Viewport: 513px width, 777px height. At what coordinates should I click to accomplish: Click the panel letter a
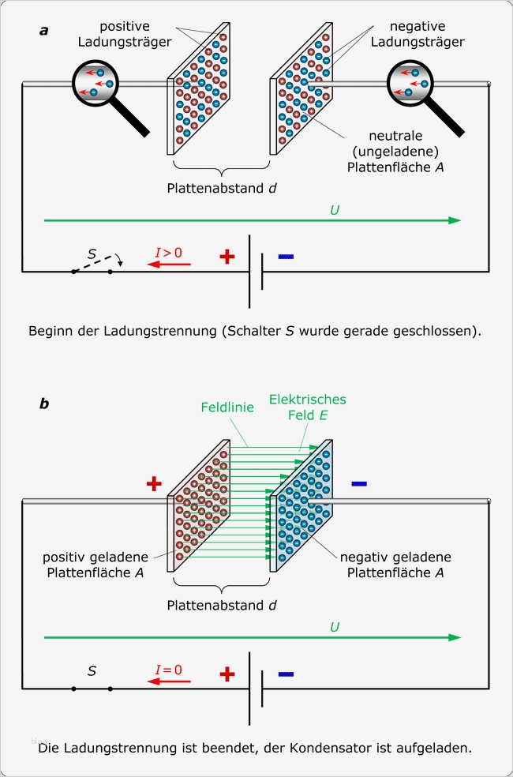click(44, 31)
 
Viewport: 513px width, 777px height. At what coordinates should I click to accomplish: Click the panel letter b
click(44, 404)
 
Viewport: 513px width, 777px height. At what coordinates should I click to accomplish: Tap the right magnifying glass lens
click(414, 84)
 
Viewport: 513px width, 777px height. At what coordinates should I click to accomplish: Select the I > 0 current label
click(168, 253)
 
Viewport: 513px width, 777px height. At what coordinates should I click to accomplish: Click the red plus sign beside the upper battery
click(227, 257)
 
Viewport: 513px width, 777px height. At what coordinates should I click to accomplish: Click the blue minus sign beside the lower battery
click(286, 674)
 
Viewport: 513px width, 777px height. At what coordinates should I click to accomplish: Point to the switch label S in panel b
click(92, 671)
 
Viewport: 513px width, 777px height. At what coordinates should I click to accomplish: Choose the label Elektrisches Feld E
click(307, 407)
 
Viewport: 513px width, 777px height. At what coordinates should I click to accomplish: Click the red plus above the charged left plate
click(154, 484)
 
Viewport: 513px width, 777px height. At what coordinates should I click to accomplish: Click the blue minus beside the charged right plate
click(359, 482)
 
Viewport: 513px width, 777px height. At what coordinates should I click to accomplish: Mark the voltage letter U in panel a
click(335, 210)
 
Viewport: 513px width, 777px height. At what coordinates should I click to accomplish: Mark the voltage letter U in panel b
click(335, 627)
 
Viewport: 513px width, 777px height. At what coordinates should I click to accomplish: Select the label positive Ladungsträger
click(143, 34)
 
